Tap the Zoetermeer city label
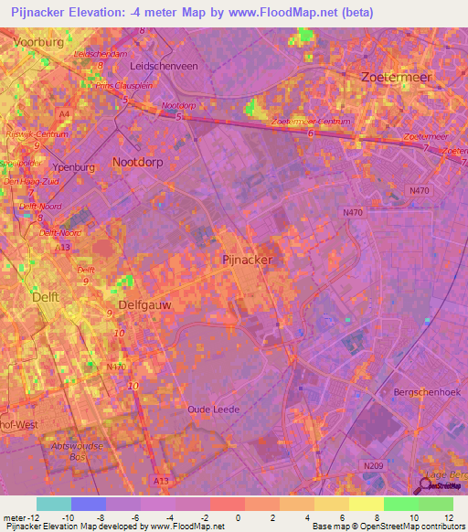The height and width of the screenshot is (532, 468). [x=397, y=78]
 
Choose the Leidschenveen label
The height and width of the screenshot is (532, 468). [x=165, y=67]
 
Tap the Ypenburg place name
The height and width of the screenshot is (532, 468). [x=78, y=169]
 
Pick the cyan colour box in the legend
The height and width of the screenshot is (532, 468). [x=53, y=504]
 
